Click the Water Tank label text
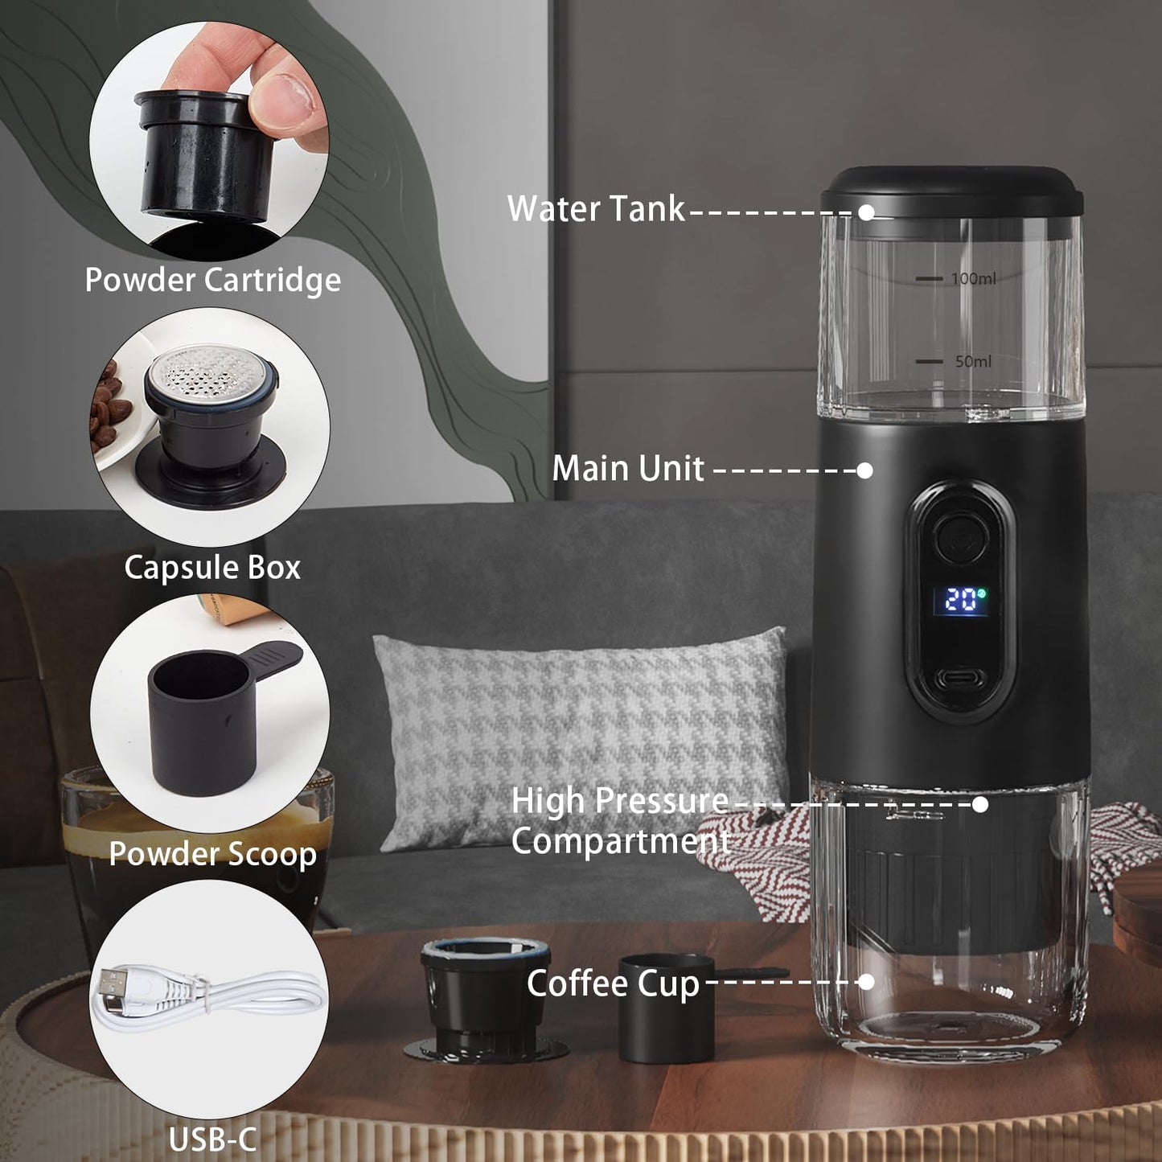pos(596,209)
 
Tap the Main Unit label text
pos(627,469)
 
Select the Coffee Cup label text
pos(613,983)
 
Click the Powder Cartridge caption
pos(212,280)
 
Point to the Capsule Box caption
pos(212,568)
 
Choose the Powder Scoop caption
pos(212,854)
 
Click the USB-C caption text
pos(212,1139)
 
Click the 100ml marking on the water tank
pos(973,278)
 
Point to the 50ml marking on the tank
pos(973,362)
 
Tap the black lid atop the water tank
pos(952,191)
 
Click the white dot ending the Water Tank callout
pos(866,212)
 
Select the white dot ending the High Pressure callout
pos(979,803)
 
